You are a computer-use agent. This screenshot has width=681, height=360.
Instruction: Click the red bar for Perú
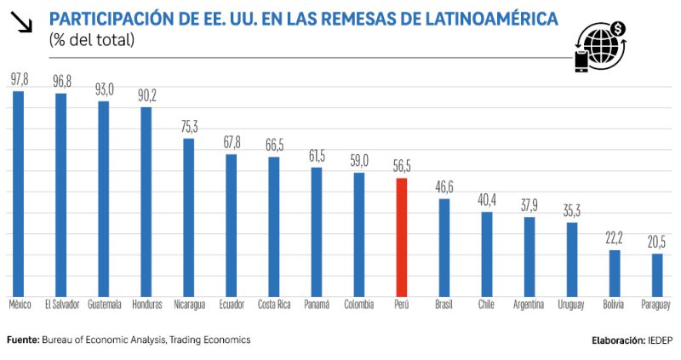402,237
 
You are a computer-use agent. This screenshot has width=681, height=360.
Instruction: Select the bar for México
18,192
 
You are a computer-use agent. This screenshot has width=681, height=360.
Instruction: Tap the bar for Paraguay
657,274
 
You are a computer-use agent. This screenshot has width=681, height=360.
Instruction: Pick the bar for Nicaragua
188,216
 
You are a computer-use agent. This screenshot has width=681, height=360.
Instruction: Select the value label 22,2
615,241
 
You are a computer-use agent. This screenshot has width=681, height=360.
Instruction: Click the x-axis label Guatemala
103,305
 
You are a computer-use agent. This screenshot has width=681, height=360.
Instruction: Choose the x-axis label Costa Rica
274,305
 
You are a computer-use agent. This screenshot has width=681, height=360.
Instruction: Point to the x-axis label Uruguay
572,305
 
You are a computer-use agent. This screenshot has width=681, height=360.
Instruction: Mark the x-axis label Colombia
359,305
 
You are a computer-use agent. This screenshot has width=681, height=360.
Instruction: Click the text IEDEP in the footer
659,340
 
